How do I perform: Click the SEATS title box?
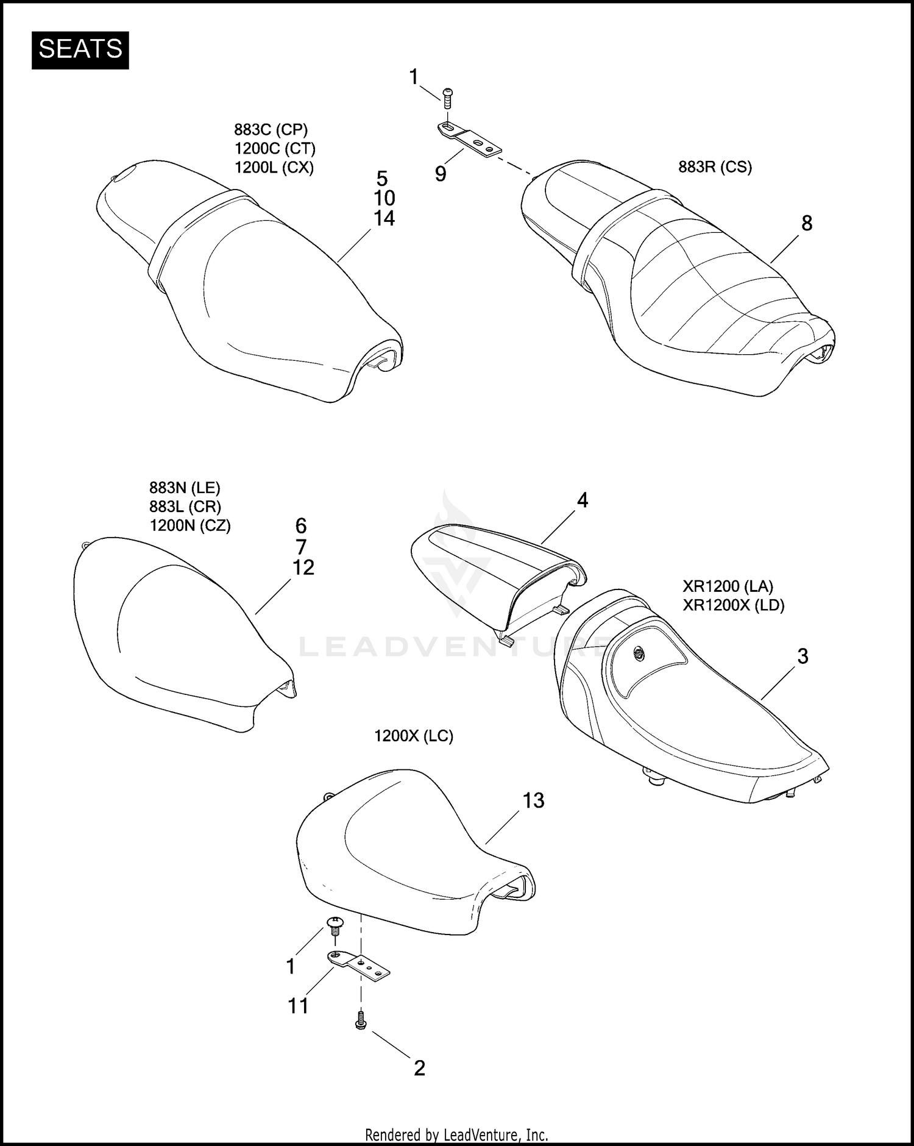click(x=80, y=49)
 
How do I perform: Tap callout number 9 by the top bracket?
click(x=441, y=174)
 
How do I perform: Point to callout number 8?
click(x=806, y=224)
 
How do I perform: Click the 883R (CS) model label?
click(x=715, y=167)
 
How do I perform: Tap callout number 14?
click(x=384, y=218)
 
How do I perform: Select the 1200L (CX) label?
click(x=274, y=167)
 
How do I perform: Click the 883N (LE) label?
click(x=185, y=488)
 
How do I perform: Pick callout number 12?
click(x=303, y=568)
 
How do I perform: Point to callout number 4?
click(x=582, y=500)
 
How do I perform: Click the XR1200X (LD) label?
click(x=733, y=605)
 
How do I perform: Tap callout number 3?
click(x=802, y=657)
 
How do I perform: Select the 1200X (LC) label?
click(x=414, y=736)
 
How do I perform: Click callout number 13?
click(x=533, y=800)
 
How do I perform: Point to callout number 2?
click(x=419, y=1068)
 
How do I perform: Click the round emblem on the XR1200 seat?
click(x=639, y=652)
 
